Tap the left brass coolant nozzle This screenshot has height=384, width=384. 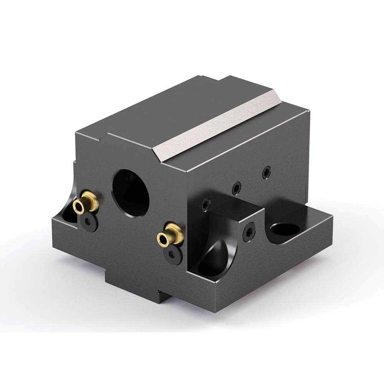[x=86, y=202]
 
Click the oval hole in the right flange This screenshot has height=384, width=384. [x=285, y=229]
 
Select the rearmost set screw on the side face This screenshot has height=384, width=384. [x=266, y=173]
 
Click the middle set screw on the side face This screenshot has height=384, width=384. [x=237, y=188]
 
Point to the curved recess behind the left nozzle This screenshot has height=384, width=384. [x=69, y=210]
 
